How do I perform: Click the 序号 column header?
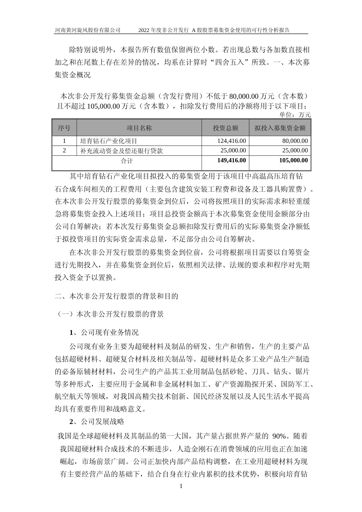[64, 128]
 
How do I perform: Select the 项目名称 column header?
[139, 128]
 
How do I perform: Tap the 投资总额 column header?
[225, 128]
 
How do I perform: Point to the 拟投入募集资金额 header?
[280, 128]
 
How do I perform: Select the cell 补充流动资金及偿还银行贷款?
[122, 150]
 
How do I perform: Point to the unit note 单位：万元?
[295, 115]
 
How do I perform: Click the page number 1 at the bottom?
[181, 486]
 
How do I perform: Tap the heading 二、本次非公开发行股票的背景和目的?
[117, 296]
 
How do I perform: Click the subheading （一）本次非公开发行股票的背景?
[110, 314]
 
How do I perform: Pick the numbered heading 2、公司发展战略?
[97, 422]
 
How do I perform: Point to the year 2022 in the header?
[145, 30]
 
